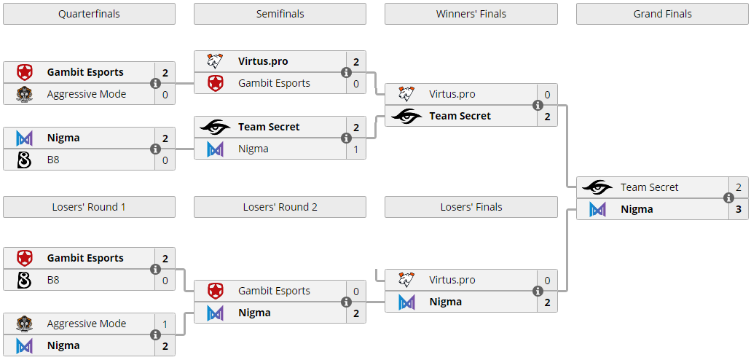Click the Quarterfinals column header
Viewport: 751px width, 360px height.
89,14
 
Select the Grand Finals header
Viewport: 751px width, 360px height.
662,14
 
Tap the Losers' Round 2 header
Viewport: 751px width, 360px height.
280,207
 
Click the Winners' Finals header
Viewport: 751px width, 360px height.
471,14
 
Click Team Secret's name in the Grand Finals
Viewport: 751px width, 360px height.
649,187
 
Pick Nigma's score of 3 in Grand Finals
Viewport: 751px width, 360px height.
738,209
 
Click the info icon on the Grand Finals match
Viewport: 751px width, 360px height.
728,197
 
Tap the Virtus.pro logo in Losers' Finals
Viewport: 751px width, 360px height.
406,280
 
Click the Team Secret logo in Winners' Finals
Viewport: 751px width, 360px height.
406,116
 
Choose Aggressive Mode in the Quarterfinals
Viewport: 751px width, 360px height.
86,94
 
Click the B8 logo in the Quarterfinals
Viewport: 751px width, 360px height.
24,160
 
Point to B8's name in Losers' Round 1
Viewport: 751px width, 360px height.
53,280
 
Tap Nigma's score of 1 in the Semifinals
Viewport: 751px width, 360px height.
355,149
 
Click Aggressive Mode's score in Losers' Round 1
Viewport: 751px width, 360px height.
165,324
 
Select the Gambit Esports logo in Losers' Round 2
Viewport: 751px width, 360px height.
216,291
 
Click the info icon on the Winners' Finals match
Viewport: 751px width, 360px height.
538,105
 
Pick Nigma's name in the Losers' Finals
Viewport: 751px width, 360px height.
445,302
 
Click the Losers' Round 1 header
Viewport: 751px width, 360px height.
89,207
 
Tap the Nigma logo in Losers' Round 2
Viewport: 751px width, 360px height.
216,313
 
